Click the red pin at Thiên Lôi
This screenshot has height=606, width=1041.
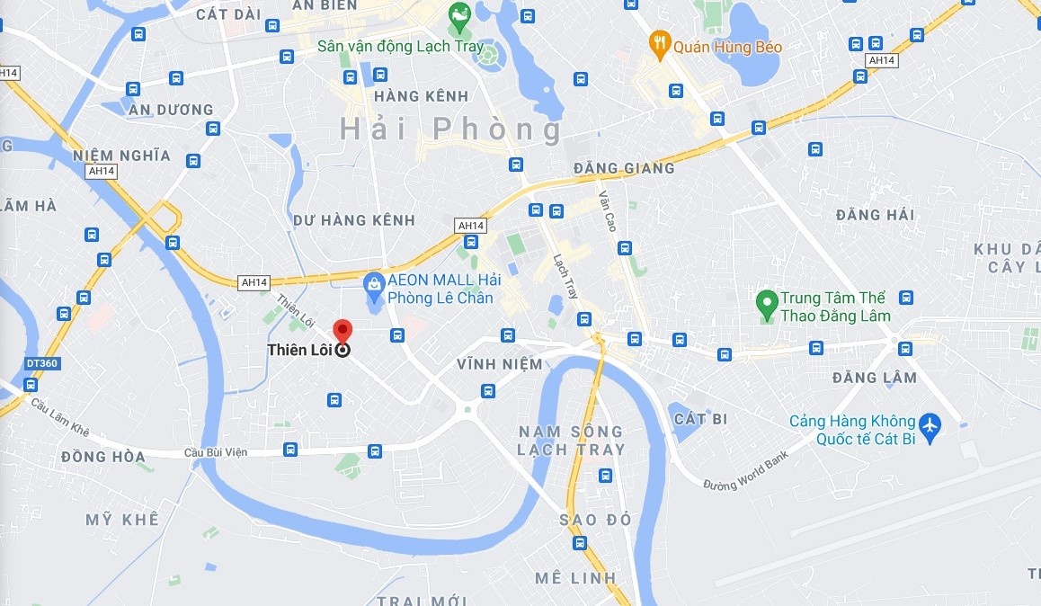coord(342,331)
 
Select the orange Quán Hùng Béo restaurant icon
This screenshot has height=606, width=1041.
coord(660,44)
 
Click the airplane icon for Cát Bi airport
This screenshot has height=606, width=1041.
coord(929,424)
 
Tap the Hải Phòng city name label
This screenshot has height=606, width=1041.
coord(450,129)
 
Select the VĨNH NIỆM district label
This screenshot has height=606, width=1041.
coord(500,364)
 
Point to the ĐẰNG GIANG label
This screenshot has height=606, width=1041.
coord(624,168)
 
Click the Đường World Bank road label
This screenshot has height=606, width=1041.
coord(745,470)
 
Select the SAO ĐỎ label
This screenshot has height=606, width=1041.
coord(595,520)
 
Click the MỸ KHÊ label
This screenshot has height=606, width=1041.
coord(122,520)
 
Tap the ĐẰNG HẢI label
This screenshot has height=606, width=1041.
coord(875,215)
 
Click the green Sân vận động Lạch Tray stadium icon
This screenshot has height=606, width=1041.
coord(459,15)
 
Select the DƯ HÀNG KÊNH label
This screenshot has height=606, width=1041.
coord(354,220)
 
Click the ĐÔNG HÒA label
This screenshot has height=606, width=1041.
coord(102,457)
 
